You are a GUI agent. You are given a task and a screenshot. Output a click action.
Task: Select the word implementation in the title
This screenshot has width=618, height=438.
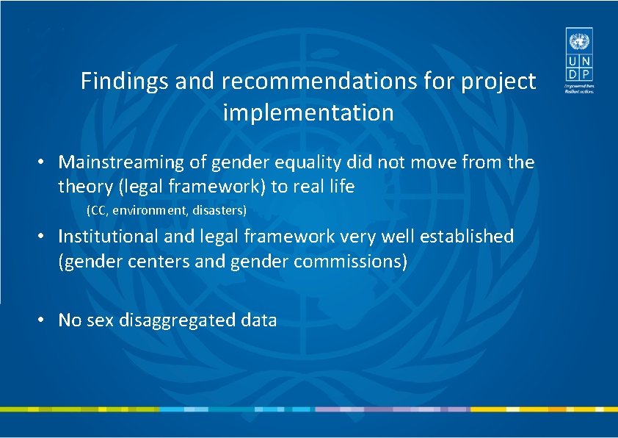click(x=308, y=113)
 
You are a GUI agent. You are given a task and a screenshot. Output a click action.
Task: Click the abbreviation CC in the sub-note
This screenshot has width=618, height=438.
click(x=98, y=211)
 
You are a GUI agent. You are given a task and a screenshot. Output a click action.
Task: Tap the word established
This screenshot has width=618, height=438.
click(x=458, y=237)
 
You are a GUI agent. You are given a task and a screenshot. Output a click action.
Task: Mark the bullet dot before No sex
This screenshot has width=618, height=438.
click(x=44, y=320)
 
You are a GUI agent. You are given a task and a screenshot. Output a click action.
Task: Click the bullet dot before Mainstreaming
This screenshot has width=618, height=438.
click(x=44, y=162)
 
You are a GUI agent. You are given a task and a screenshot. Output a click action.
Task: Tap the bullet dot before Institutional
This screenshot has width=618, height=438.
click(x=44, y=237)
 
